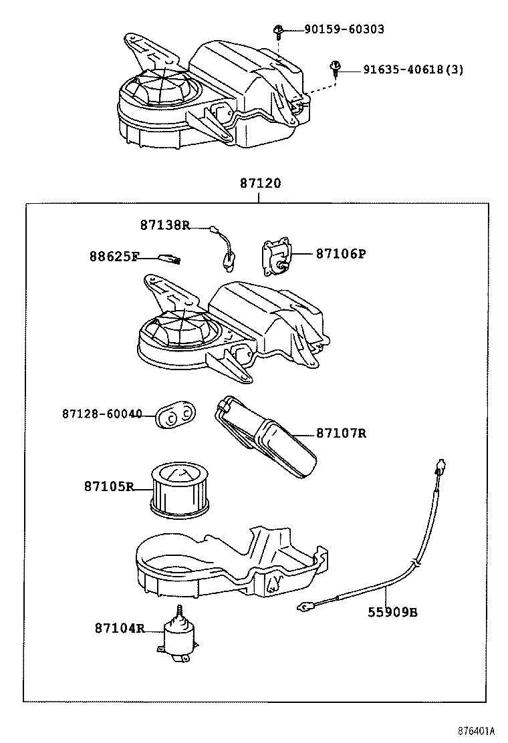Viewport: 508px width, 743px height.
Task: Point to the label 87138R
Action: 164,225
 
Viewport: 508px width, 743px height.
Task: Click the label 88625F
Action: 114,256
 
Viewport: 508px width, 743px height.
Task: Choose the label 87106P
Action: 341,254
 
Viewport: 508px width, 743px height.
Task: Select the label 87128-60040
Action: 102,414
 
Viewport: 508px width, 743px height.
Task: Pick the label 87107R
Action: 341,433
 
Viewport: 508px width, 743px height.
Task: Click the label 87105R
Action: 109,486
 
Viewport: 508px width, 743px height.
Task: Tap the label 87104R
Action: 119,628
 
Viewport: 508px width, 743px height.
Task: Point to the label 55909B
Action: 392,611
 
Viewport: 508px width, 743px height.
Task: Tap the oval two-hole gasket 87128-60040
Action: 174,416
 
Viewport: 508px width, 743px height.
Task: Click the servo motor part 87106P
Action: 274,257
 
